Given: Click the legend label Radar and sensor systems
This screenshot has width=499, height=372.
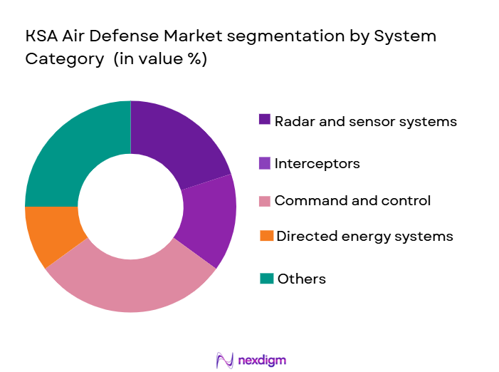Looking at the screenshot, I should tap(365, 121).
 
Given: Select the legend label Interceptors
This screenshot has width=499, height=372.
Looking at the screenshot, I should tap(317, 163).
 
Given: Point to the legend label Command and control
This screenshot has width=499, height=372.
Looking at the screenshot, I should tap(352, 200).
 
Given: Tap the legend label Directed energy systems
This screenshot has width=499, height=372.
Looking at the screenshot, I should tap(364, 235).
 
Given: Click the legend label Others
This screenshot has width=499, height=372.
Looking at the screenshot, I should tap(301, 279).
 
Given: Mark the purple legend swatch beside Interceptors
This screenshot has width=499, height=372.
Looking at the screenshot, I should tap(265, 163).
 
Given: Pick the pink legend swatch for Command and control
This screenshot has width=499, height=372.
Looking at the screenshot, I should tap(265, 201).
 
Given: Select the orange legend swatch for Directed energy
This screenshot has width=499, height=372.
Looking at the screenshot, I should tap(265, 235).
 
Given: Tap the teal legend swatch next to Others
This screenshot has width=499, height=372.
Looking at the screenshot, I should tap(265, 279).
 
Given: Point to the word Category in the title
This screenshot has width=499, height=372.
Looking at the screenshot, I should tap(64, 59).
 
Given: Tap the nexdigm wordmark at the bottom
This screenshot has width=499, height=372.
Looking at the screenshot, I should tap(262, 360).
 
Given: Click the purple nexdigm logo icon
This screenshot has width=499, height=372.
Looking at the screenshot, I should tap(225, 360).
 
